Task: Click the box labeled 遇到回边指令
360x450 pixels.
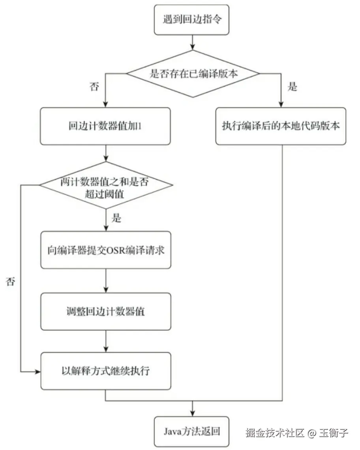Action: point(192,20)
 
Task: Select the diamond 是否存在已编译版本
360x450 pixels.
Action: point(192,73)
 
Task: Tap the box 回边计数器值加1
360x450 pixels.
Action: point(106,126)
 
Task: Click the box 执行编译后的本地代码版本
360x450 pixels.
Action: point(281,126)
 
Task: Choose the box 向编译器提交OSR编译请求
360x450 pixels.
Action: point(106,250)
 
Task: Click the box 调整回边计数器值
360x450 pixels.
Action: point(106,311)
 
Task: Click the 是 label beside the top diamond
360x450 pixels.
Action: point(292,87)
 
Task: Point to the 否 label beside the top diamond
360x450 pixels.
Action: point(95,87)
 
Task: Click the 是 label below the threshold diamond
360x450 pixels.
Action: point(116,218)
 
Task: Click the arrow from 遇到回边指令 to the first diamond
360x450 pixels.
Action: point(192,42)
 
